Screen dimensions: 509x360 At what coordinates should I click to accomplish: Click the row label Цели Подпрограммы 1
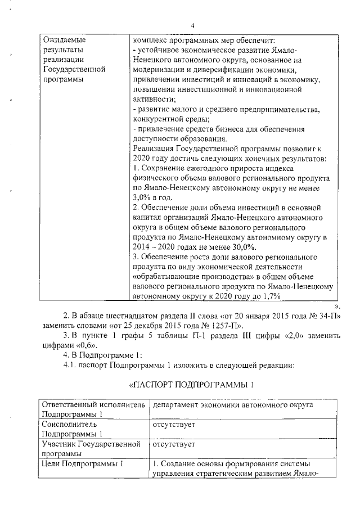(x=83, y=464)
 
